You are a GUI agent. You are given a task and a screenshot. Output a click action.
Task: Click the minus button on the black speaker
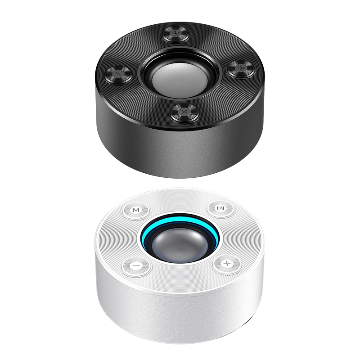[118, 74]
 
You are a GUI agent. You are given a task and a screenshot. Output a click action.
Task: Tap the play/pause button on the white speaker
[220, 208]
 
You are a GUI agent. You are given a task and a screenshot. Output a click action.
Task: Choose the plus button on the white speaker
[227, 263]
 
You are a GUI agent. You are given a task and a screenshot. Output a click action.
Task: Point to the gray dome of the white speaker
[179, 244]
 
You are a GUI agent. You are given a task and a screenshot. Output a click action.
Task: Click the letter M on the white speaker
[136, 210]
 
